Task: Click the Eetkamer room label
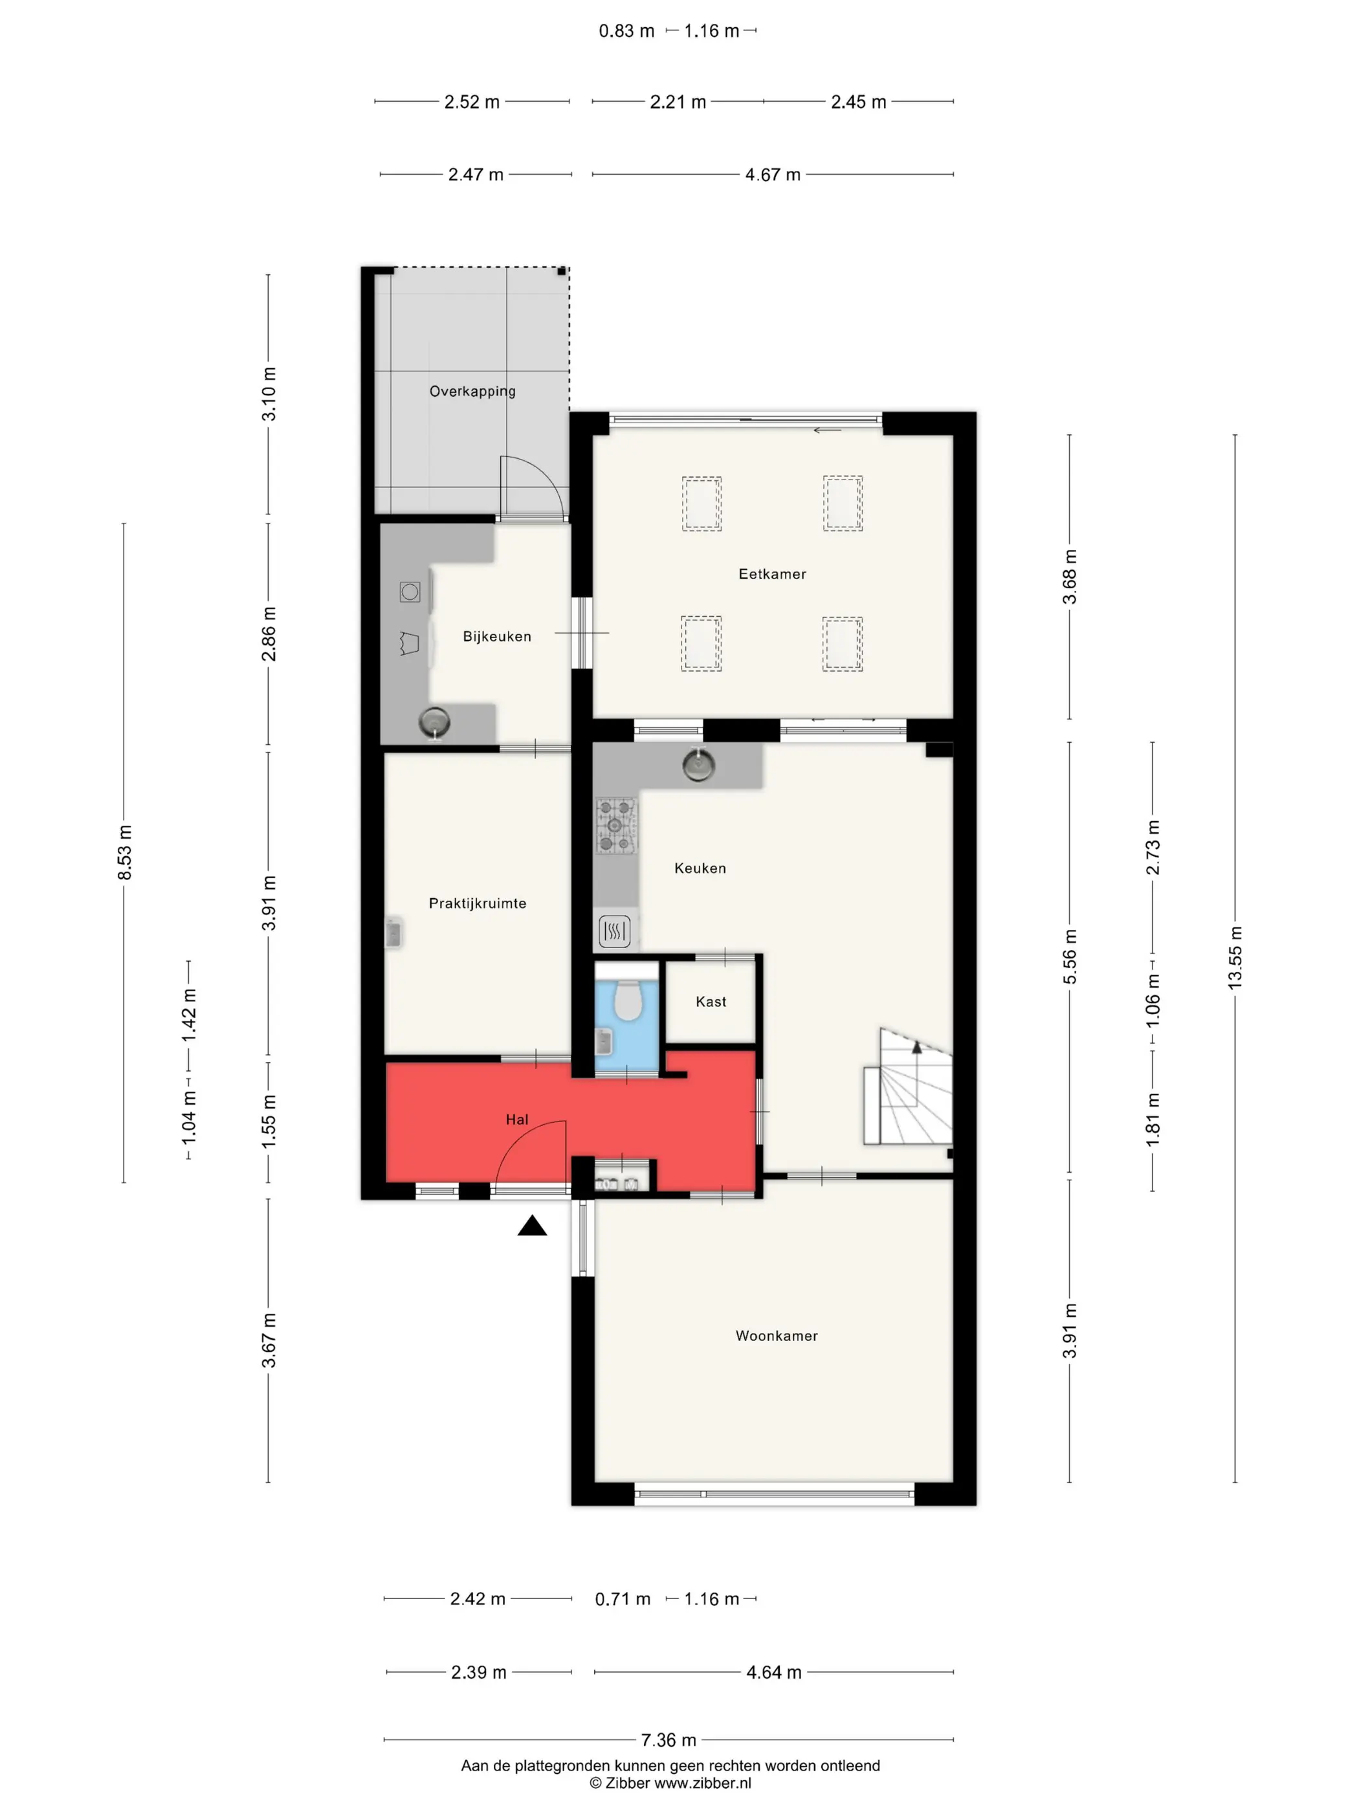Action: click(771, 574)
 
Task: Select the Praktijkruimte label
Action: click(478, 903)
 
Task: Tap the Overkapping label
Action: click(472, 392)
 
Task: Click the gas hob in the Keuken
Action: click(616, 825)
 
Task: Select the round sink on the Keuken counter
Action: click(698, 765)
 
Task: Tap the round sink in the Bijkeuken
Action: click(434, 722)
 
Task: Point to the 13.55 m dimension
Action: click(1235, 958)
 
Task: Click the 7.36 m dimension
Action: click(668, 1740)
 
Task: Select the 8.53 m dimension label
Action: click(124, 853)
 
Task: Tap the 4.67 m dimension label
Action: click(773, 175)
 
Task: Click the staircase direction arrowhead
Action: click(916, 1047)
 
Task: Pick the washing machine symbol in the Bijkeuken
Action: click(410, 591)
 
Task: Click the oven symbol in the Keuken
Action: click(614, 931)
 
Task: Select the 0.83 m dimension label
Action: click(626, 31)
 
